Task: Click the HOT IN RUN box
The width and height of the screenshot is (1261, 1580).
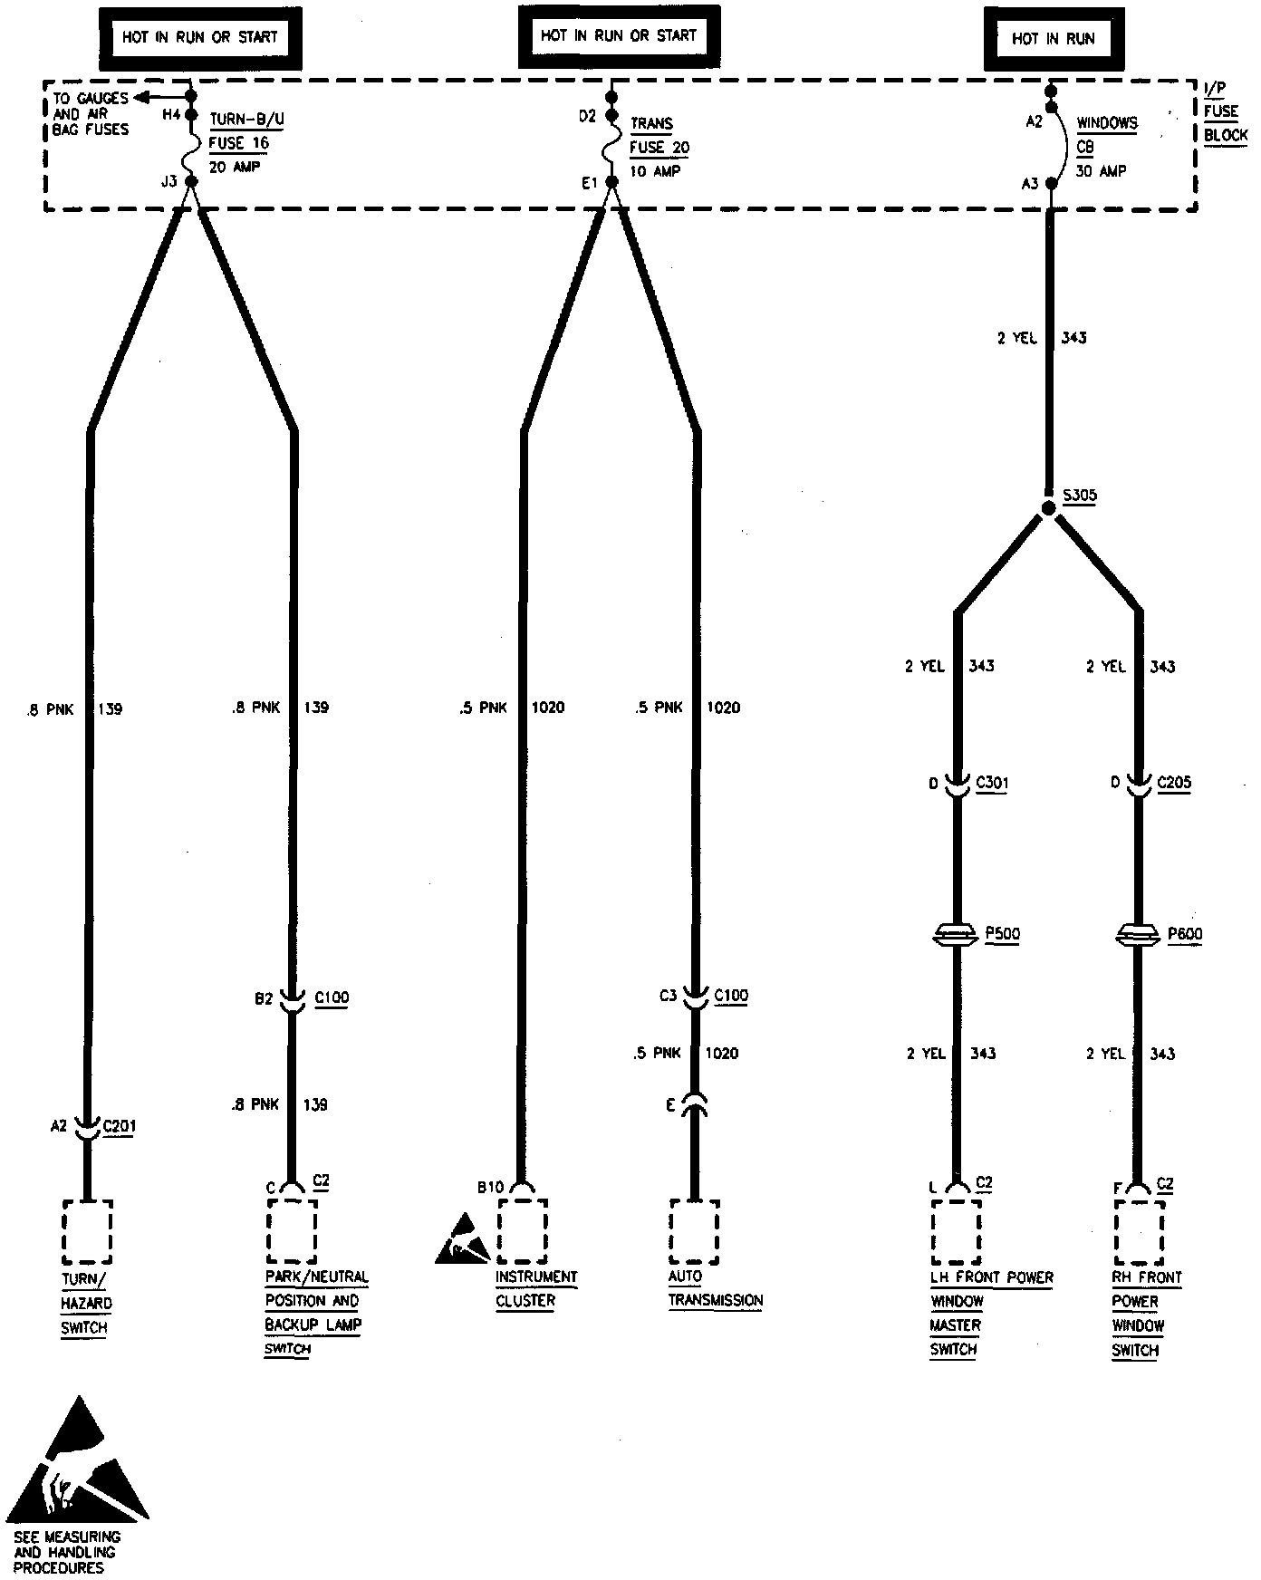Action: tap(1053, 39)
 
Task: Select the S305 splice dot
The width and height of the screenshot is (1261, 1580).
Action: tap(1048, 508)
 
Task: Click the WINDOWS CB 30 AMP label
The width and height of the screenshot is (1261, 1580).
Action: tap(1106, 147)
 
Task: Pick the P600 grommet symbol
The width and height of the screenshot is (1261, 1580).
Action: tap(1138, 934)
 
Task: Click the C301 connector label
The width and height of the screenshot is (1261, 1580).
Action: tap(992, 783)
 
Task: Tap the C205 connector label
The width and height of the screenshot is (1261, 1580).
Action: tap(1174, 783)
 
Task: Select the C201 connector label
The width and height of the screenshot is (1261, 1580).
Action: tap(119, 1126)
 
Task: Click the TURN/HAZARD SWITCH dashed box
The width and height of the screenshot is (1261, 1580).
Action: tap(87, 1231)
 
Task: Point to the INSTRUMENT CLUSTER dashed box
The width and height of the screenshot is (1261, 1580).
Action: tap(522, 1231)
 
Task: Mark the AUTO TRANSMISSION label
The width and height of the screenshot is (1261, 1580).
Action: tap(715, 1288)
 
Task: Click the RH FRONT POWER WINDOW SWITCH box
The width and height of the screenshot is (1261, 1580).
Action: tap(1140, 1232)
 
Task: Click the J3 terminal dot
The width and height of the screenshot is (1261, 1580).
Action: tap(191, 182)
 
